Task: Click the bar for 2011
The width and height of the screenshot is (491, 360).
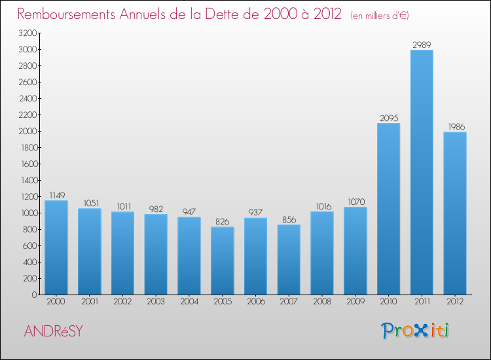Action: (x=422, y=172)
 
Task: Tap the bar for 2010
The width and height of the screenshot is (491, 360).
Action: (x=388, y=209)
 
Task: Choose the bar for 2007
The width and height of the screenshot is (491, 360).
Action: (x=289, y=259)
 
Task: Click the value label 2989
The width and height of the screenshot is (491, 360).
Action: (x=422, y=45)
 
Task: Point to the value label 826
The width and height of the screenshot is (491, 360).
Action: (x=222, y=222)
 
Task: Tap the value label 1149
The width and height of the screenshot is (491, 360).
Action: (x=56, y=195)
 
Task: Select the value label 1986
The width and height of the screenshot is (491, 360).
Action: (x=455, y=126)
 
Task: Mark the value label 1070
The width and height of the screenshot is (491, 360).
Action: (x=355, y=202)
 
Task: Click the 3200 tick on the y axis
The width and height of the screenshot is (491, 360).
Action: (x=27, y=33)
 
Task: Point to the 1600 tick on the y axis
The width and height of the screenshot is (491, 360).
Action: (x=27, y=164)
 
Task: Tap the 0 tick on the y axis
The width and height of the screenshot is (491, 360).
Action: (x=33, y=295)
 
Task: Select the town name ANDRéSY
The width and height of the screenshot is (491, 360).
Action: (x=54, y=331)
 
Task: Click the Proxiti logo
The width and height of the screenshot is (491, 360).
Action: (x=416, y=331)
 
